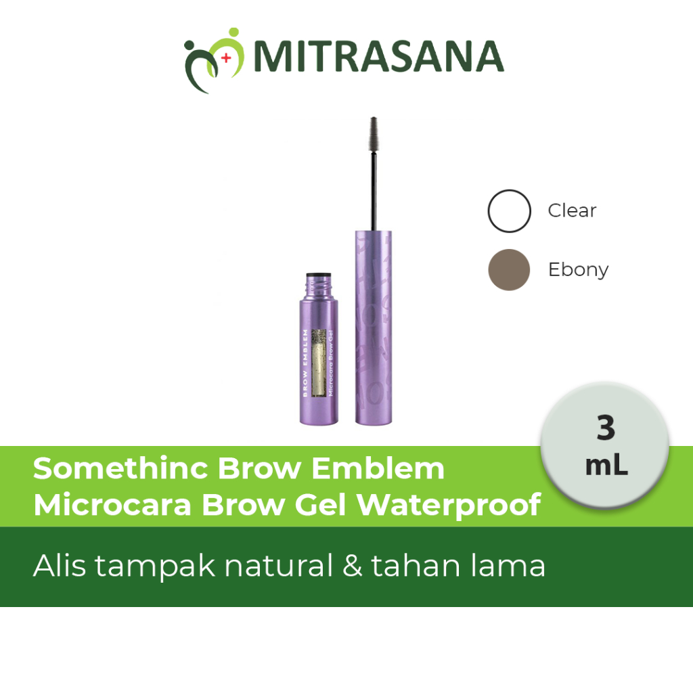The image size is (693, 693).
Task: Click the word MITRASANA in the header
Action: [378, 56]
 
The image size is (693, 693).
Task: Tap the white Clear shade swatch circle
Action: [509, 211]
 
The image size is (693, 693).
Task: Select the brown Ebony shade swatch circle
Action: [509, 269]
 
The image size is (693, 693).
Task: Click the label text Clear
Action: [572, 211]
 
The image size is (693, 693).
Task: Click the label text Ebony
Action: [578, 270]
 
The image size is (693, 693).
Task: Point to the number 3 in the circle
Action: [606, 428]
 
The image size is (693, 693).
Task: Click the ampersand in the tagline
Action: [352, 566]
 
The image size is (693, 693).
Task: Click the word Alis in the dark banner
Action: [60, 566]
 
